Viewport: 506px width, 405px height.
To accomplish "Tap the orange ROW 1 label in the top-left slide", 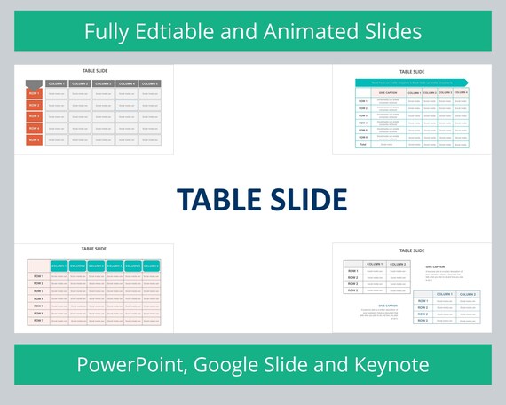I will (35, 93).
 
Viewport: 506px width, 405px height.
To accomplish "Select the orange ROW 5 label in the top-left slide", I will (35, 139).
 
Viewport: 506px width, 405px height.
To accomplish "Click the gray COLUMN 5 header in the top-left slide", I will (149, 83).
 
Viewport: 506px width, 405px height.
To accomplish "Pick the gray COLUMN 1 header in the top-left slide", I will (57, 83).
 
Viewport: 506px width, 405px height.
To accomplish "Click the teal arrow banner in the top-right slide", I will (411, 83).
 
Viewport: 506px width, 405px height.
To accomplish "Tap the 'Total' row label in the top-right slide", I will (363, 144).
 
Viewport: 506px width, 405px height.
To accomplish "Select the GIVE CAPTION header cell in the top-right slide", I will (388, 92).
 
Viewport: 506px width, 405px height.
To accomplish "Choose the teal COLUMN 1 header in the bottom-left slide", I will (59, 265).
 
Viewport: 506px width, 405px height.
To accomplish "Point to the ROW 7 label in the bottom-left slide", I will (38, 320).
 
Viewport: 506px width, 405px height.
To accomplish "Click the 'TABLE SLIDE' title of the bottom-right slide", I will (412, 251).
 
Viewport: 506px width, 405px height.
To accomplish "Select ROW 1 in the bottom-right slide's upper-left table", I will (353, 271).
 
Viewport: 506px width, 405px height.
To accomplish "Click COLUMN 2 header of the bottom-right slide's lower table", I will (467, 294).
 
